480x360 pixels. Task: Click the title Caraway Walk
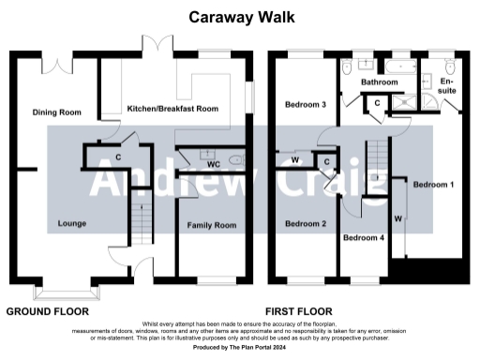tap(239, 16)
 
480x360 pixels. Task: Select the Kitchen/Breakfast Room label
tap(172, 109)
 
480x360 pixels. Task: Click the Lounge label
tap(72, 224)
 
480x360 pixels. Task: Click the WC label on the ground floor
tap(213, 164)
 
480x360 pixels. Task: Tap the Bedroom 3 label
tap(305, 105)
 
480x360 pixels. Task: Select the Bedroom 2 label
tap(305, 224)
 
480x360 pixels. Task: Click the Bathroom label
tap(382, 82)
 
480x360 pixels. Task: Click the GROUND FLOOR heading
tap(48, 311)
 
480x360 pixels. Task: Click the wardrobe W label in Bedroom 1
tap(398, 218)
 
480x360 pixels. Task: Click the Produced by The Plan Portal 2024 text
tap(239, 348)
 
